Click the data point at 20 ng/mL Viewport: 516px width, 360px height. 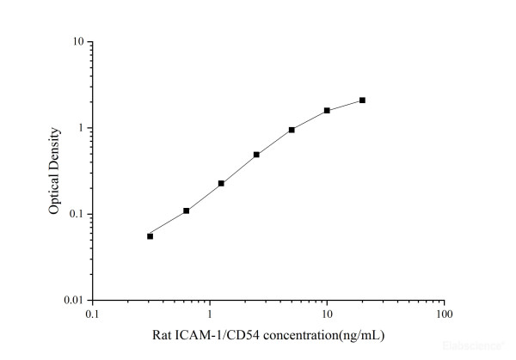362,101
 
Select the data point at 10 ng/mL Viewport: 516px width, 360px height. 327,111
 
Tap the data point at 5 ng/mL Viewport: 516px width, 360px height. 292,130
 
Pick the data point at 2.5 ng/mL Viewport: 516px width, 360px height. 256,155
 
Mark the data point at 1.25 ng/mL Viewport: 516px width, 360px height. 221,183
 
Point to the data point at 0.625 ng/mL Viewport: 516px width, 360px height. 186,211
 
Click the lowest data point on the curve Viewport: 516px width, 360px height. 150,236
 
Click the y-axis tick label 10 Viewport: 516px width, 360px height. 77,42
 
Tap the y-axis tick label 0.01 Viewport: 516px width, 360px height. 74,301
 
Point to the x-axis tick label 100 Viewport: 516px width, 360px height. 444,314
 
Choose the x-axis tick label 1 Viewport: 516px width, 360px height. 209,314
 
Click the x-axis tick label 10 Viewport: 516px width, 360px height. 327,314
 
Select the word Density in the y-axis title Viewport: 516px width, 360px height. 54,148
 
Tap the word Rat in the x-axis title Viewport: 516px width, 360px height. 160,335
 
